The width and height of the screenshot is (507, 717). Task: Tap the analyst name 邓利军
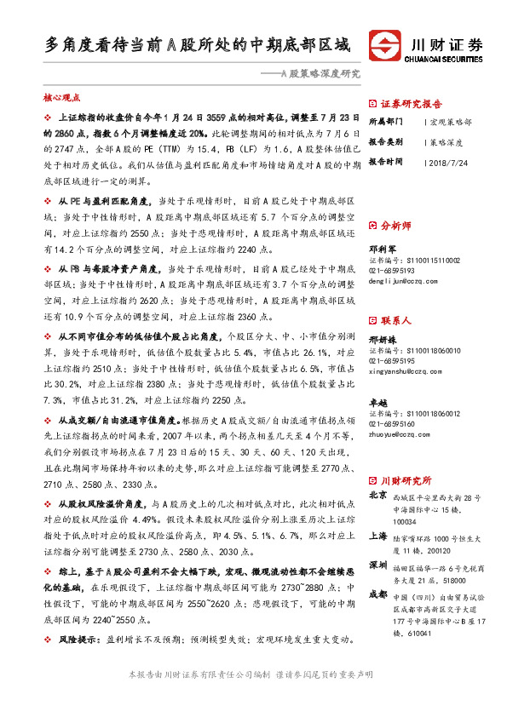(x=382, y=249)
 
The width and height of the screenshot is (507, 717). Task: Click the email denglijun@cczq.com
(x=399, y=278)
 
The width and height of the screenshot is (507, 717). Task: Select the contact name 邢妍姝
(x=382, y=340)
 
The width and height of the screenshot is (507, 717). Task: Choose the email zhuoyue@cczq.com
(x=398, y=433)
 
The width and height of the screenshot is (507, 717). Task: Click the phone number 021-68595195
(x=393, y=360)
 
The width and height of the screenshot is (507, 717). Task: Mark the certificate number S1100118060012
(x=414, y=414)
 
